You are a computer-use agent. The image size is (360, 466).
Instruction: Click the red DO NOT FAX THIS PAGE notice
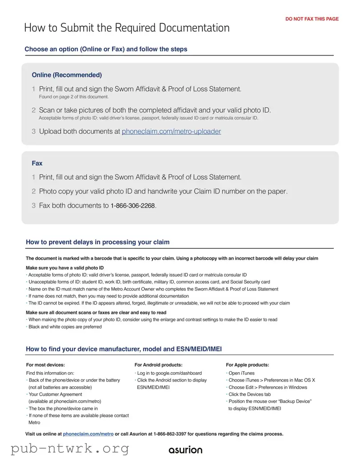[312, 19]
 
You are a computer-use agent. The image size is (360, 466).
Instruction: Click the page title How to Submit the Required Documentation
[127, 28]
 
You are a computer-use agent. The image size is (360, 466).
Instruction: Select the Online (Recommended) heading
[67, 75]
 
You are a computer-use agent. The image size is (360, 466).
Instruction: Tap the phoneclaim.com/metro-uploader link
[171, 132]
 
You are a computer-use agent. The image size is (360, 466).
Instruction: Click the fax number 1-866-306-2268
[133, 206]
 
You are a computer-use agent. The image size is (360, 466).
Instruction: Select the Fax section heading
[37, 163]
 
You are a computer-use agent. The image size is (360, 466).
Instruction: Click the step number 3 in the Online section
[33, 132]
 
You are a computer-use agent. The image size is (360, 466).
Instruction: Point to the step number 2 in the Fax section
[33, 192]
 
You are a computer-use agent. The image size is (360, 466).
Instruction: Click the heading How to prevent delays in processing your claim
[97, 242]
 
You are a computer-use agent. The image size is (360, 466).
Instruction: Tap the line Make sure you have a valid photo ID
[65, 268]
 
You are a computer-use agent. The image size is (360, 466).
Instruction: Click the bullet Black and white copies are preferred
[65, 327]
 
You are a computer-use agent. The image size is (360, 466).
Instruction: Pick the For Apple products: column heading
[247, 365]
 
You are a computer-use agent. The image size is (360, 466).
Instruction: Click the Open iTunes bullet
[241, 373]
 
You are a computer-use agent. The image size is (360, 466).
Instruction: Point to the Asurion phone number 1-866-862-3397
[175, 434]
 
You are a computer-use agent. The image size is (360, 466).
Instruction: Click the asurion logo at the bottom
[185, 450]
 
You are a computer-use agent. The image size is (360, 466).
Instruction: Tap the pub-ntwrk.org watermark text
[70, 449]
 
